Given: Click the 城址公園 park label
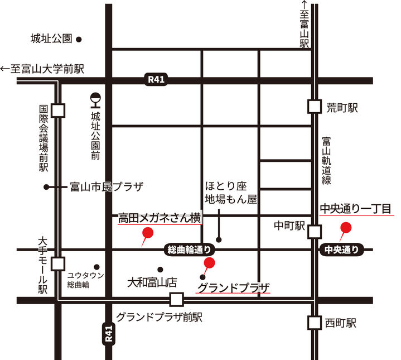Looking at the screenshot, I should (x=51, y=39).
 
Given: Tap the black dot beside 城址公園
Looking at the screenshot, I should (x=79, y=40).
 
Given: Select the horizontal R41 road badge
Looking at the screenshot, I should (x=156, y=80).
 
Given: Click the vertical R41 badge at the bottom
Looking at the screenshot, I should (x=110, y=333).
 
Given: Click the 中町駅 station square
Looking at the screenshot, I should (x=315, y=231).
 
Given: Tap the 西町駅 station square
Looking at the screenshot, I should (x=315, y=323).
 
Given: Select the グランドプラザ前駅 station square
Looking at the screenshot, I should (x=177, y=300).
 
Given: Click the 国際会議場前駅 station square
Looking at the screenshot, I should (x=58, y=110).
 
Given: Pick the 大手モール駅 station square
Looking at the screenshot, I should (x=58, y=263).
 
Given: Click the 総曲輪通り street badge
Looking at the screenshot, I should (x=189, y=249).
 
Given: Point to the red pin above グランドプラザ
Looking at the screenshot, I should (x=210, y=263).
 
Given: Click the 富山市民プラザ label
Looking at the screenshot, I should (x=107, y=186).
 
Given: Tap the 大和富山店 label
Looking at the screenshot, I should (x=152, y=282).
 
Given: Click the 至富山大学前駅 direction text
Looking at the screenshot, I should (x=42, y=69).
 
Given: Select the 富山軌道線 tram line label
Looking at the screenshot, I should (x=327, y=162).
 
